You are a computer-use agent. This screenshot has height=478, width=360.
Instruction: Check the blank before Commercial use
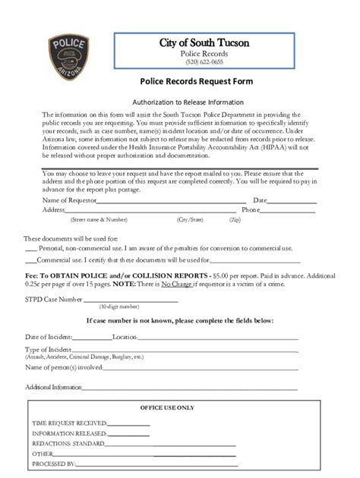[30, 259]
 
